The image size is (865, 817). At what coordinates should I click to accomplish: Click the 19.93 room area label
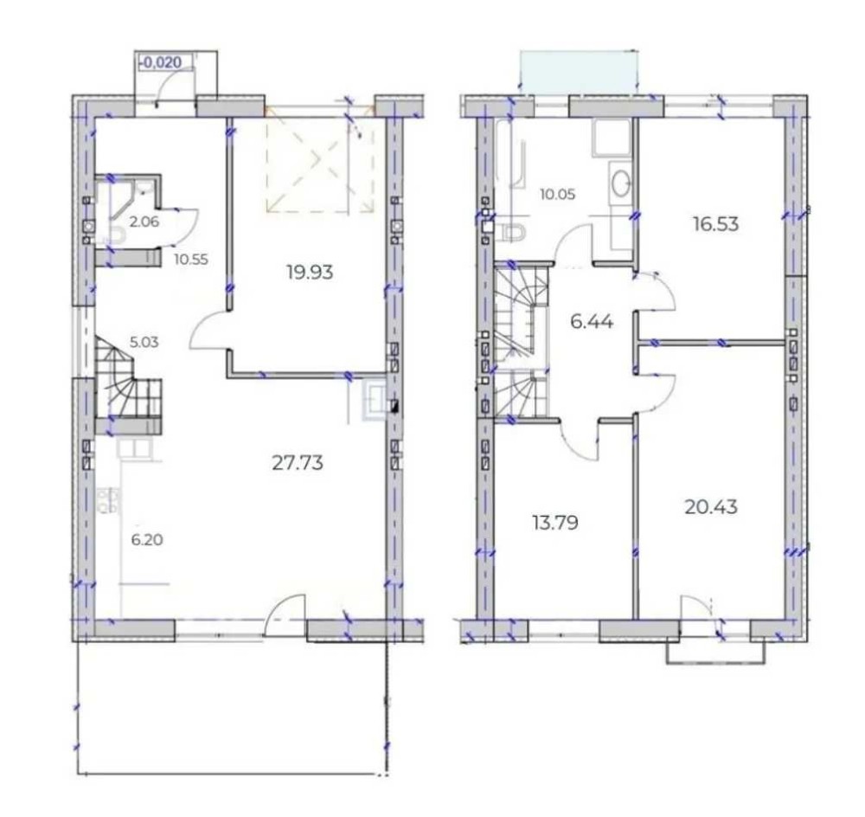click(310, 272)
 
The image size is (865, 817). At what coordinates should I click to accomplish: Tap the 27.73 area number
click(298, 463)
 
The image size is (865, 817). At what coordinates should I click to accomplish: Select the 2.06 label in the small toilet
click(144, 222)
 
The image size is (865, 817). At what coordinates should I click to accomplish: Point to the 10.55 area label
click(191, 260)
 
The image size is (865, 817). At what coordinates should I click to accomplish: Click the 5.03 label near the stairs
click(144, 342)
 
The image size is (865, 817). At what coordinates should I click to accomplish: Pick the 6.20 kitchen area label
click(147, 540)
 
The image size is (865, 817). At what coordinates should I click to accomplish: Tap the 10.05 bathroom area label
click(558, 195)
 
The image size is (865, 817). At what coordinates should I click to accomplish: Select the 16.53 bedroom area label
click(715, 224)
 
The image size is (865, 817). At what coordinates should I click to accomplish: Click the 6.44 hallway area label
click(592, 321)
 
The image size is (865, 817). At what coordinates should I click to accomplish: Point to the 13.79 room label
click(555, 522)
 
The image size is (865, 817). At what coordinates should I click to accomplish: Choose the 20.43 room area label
click(711, 507)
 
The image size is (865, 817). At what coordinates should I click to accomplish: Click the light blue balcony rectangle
click(580, 72)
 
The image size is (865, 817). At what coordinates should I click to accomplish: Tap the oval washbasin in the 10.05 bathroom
click(622, 182)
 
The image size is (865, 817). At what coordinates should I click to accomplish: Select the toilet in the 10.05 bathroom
click(512, 233)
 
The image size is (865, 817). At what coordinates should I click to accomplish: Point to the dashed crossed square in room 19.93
click(320, 164)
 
